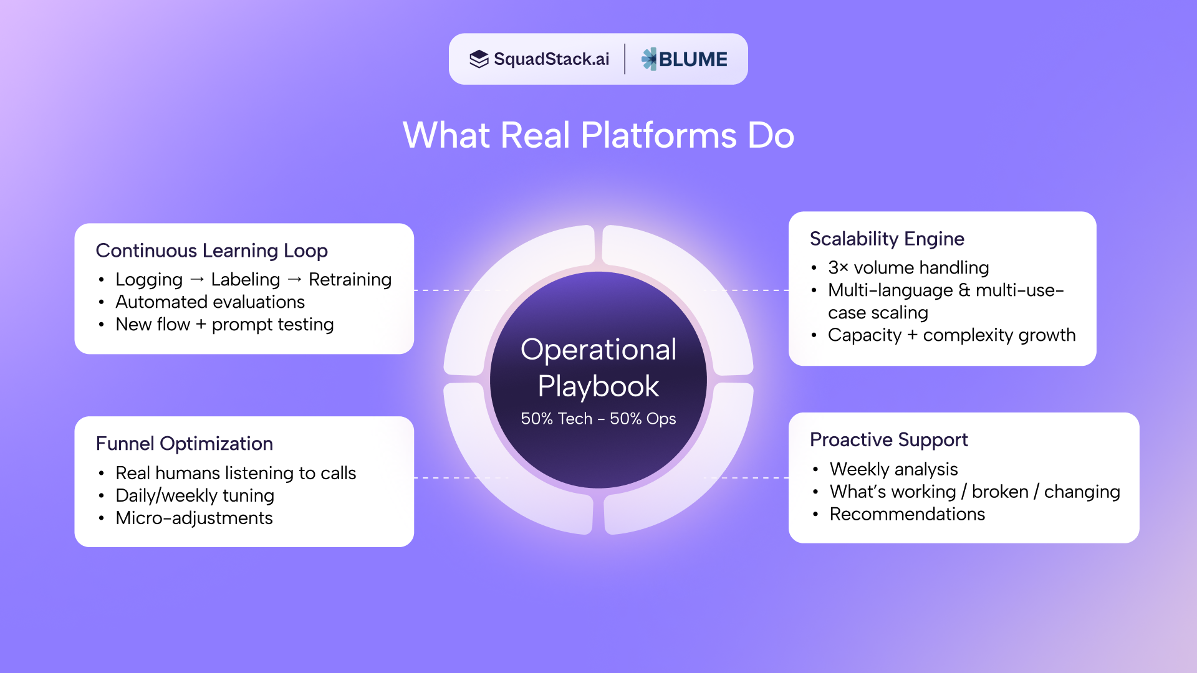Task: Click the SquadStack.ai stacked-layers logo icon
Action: (x=479, y=59)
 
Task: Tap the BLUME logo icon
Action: (x=649, y=59)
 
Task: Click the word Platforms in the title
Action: (x=658, y=135)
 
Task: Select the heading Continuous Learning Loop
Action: (x=211, y=251)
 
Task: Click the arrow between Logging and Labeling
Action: (x=197, y=280)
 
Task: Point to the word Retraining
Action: (x=350, y=280)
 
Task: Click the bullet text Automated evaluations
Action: (x=210, y=302)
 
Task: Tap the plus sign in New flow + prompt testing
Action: (x=201, y=325)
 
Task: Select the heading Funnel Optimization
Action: (x=184, y=444)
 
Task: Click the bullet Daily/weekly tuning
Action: (x=195, y=495)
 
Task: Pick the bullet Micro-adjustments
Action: (x=194, y=518)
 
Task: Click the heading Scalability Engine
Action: (x=887, y=239)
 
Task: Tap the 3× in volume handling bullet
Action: (x=838, y=268)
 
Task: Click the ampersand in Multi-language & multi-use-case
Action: (x=964, y=290)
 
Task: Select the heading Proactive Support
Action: (x=888, y=440)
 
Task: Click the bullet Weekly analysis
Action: (x=893, y=469)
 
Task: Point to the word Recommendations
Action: (x=907, y=514)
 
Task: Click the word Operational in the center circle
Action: (x=598, y=350)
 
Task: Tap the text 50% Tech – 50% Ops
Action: (x=598, y=419)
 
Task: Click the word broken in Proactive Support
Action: (x=1000, y=492)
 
